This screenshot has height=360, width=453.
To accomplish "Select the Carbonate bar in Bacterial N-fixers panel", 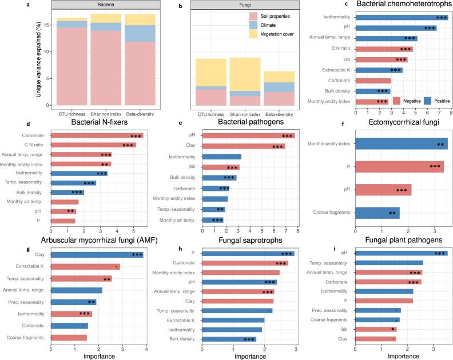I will [x=97, y=136].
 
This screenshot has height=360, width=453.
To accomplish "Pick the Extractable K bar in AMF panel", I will [x=85, y=266].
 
